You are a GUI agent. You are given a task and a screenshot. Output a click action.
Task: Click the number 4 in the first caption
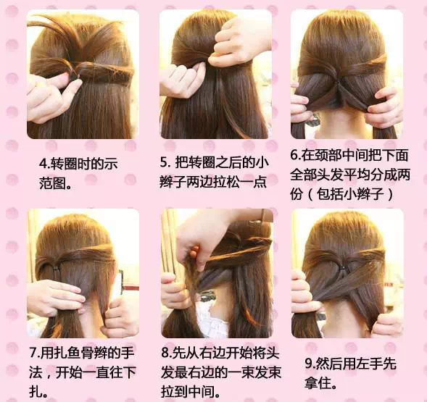coord(43,164)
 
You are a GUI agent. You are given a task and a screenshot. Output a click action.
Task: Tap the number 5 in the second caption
coord(165,162)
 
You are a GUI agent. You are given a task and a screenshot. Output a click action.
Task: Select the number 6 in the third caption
coord(294,155)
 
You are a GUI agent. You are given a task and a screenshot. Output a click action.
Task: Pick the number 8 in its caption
coord(165,353)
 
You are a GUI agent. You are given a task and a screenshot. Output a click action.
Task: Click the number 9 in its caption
coord(309,364)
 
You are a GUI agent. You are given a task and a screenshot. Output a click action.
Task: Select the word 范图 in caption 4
coord(52,183)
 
